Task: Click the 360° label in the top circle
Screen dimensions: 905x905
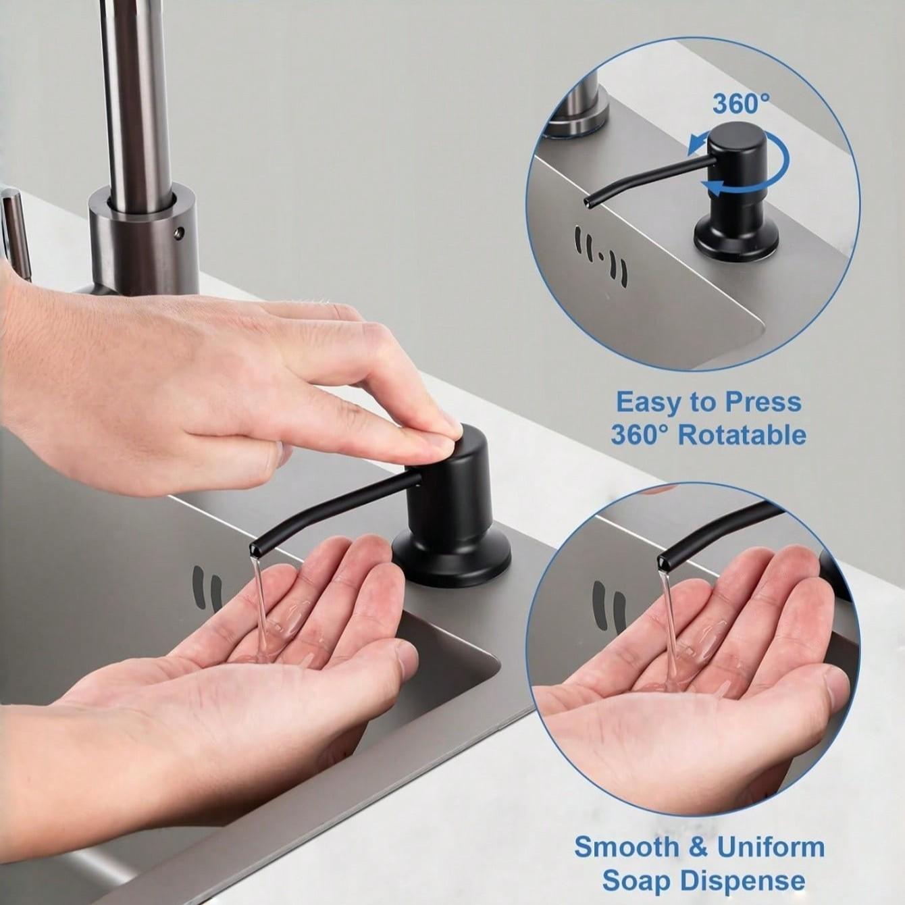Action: pyautogui.click(x=741, y=104)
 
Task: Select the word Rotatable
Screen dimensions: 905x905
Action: pyautogui.click(x=742, y=435)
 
